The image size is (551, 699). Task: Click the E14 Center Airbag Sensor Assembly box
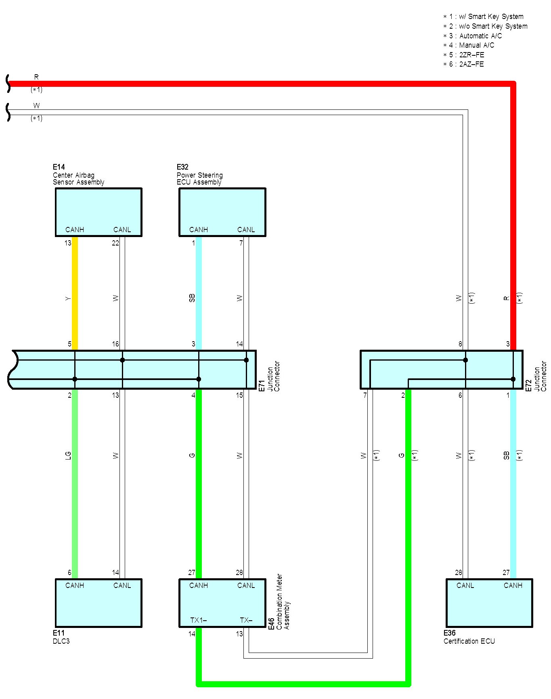[98, 212]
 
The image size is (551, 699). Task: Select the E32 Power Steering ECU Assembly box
[222, 212]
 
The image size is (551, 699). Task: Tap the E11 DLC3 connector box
[98, 602]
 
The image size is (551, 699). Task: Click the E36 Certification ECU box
[489, 602]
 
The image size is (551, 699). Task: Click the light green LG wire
[75, 485]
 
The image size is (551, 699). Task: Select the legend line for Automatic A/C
[473, 36]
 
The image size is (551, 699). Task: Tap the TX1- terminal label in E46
[198, 620]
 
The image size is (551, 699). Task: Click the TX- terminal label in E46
[246, 620]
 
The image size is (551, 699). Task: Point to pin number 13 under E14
[68, 243]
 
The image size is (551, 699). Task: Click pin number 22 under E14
[115, 243]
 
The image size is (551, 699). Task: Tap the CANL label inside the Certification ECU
[465, 586]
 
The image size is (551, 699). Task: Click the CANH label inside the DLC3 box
[75, 586]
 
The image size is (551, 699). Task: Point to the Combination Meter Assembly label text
[283, 602]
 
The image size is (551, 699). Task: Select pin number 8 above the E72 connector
[460, 344]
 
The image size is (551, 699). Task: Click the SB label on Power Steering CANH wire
[192, 298]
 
